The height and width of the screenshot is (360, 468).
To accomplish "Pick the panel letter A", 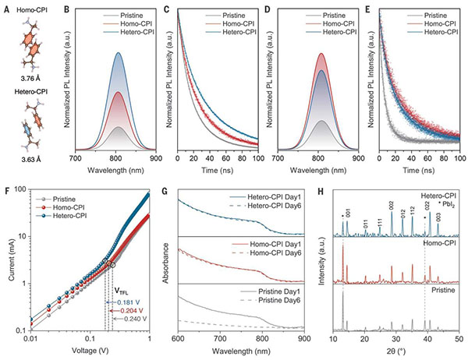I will (5, 7).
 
